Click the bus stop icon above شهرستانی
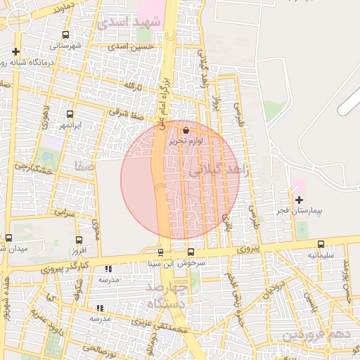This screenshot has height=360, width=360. (x=65, y=34)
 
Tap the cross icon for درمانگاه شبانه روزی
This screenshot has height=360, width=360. (x=15, y=52)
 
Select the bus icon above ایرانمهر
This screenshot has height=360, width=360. (x=70, y=114)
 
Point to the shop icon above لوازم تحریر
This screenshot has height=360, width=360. (x=186, y=130)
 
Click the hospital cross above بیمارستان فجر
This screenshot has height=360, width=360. (x=299, y=200)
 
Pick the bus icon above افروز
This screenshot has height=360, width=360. (x=77, y=238)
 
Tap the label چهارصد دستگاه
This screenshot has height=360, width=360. (x=166, y=295)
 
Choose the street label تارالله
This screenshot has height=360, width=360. (x=134, y=86)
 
